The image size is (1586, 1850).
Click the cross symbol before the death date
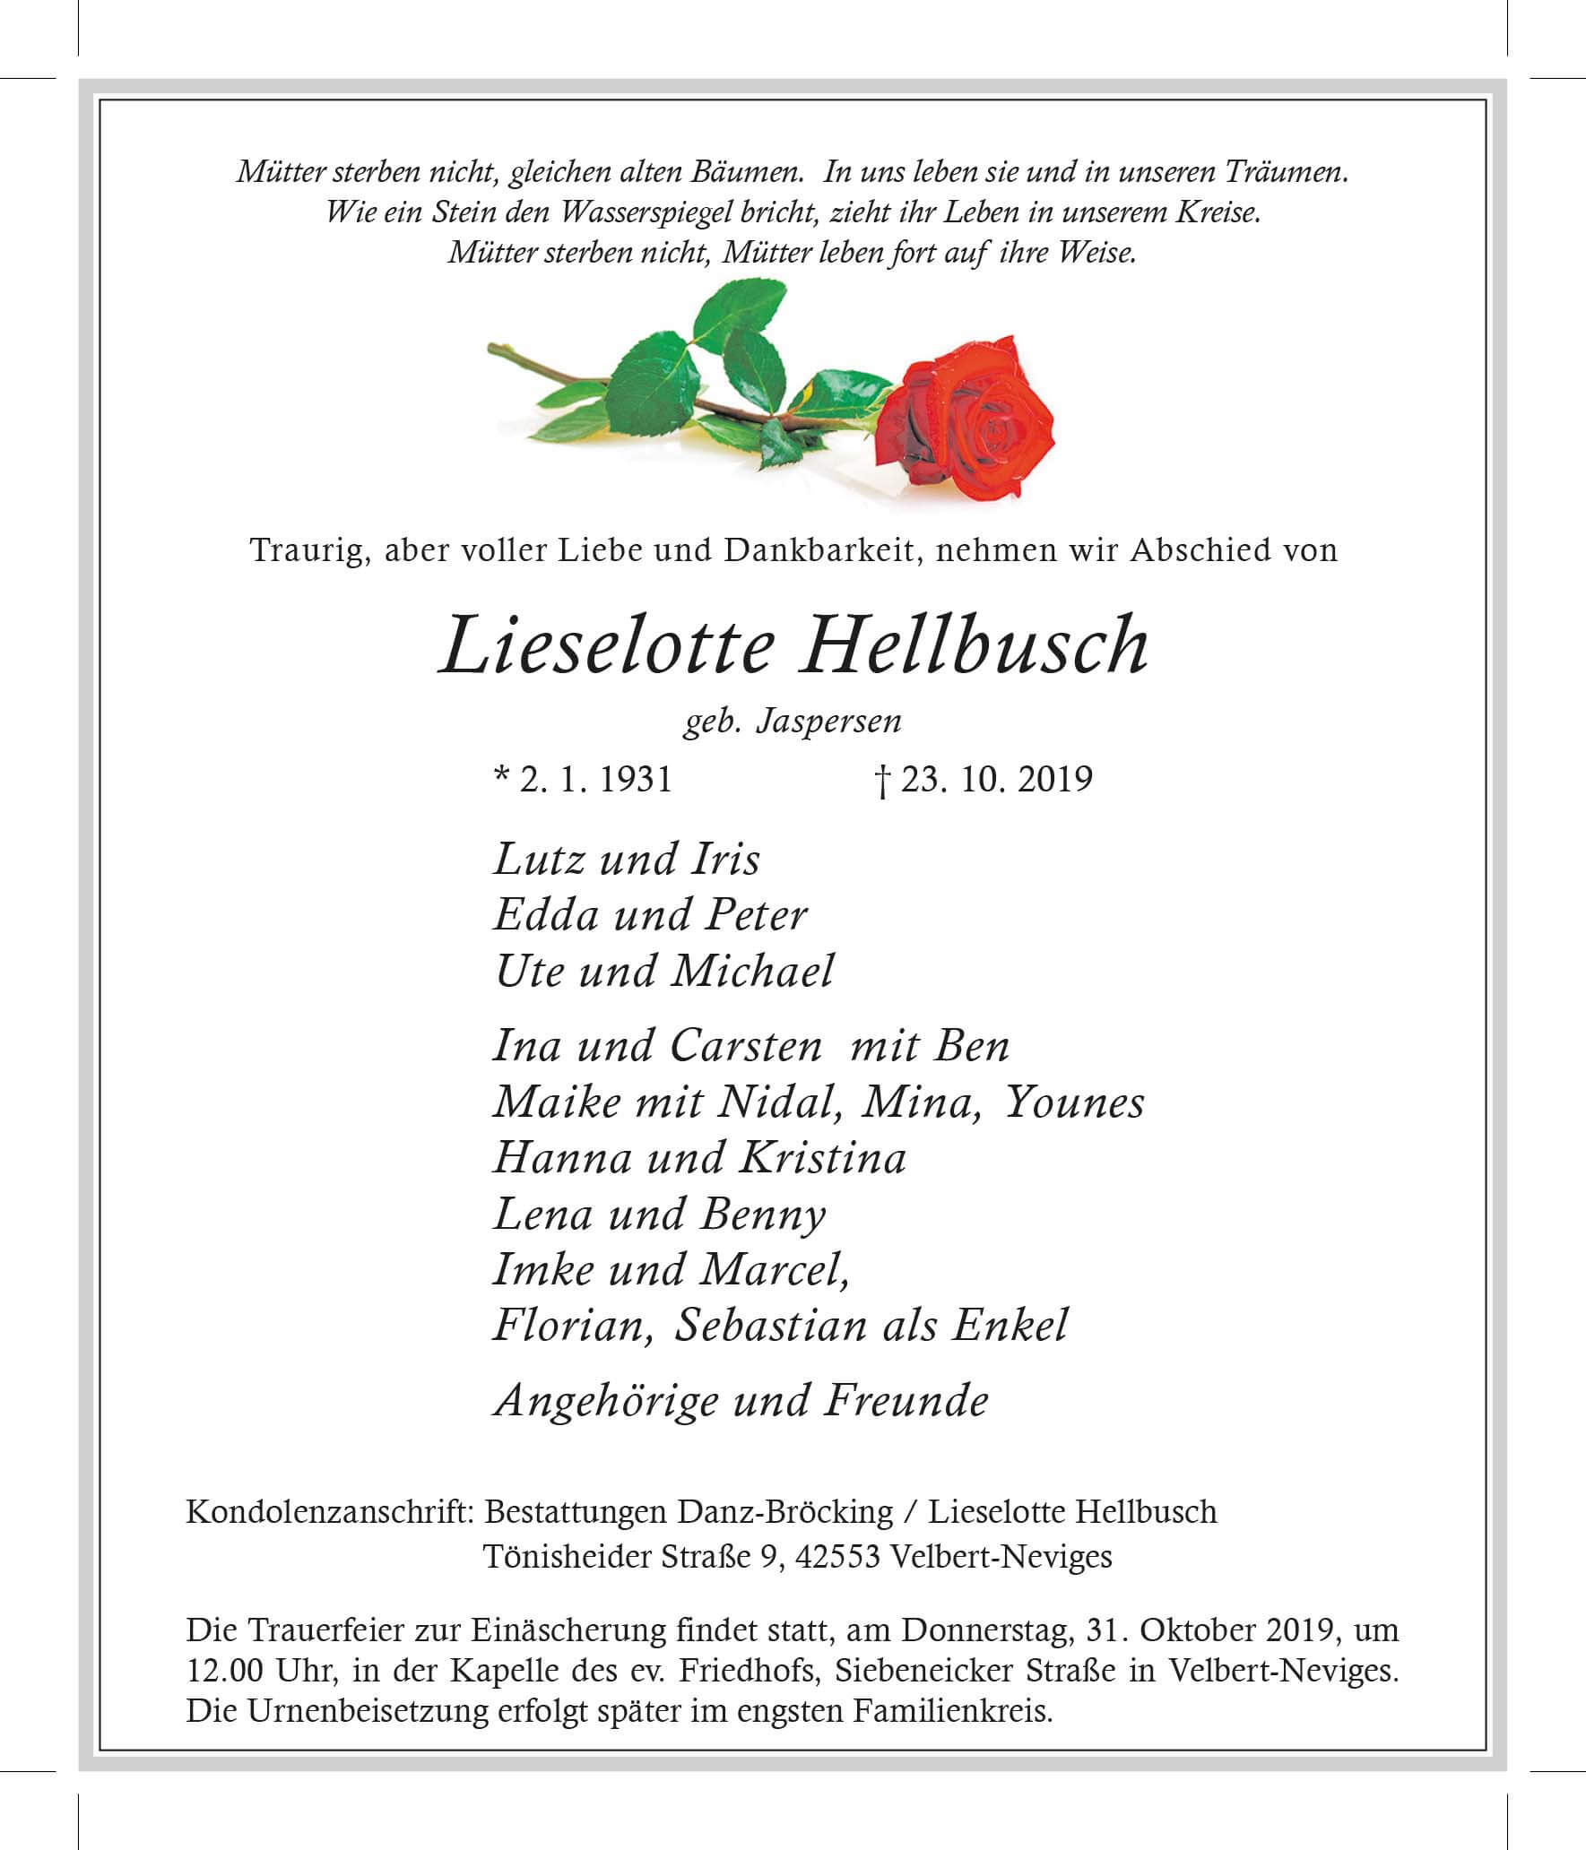tap(883, 781)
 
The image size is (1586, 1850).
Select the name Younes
tap(1075, 1102)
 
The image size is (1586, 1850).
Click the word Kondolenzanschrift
tap(329, 1512)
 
